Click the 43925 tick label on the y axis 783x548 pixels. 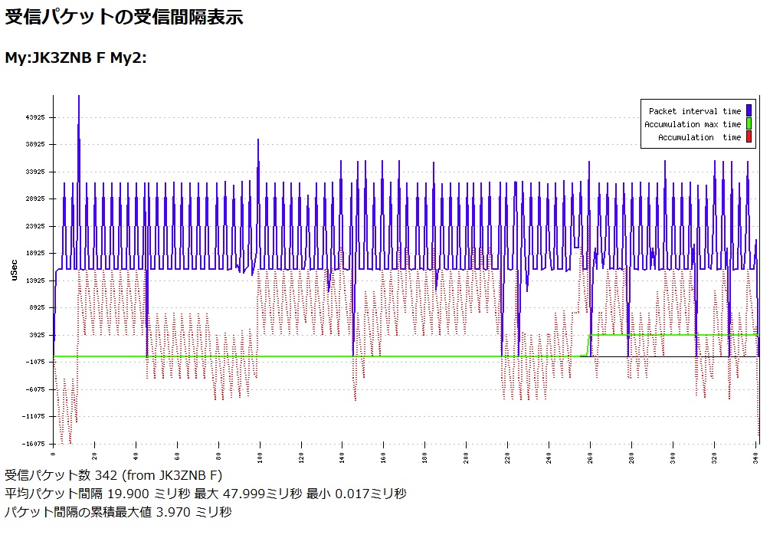point(36,117)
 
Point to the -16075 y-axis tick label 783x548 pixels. point(34,444)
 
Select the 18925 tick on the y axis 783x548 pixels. point(36,253)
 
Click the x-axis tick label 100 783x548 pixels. point(260,458)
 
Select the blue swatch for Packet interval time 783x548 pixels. point(749,111)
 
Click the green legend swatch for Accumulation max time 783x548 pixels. point(749,124)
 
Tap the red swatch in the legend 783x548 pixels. point(749,137)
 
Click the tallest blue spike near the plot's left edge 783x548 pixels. point(78,98)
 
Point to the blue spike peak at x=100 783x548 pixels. point(258,141)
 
